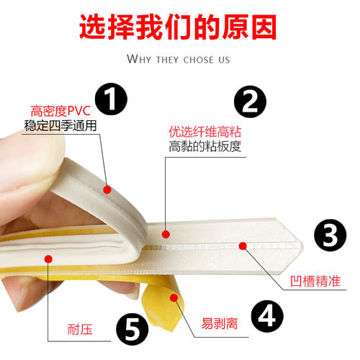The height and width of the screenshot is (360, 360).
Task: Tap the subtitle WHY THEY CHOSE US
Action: [x=179, y=58]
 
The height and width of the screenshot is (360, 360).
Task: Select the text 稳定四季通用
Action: [x=60, y=126]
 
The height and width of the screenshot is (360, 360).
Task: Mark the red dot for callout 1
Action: [x=107, y=190]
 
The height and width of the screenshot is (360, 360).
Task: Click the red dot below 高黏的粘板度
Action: [x=166, y=233]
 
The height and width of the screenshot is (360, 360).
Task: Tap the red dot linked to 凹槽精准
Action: [x=243, y=246]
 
